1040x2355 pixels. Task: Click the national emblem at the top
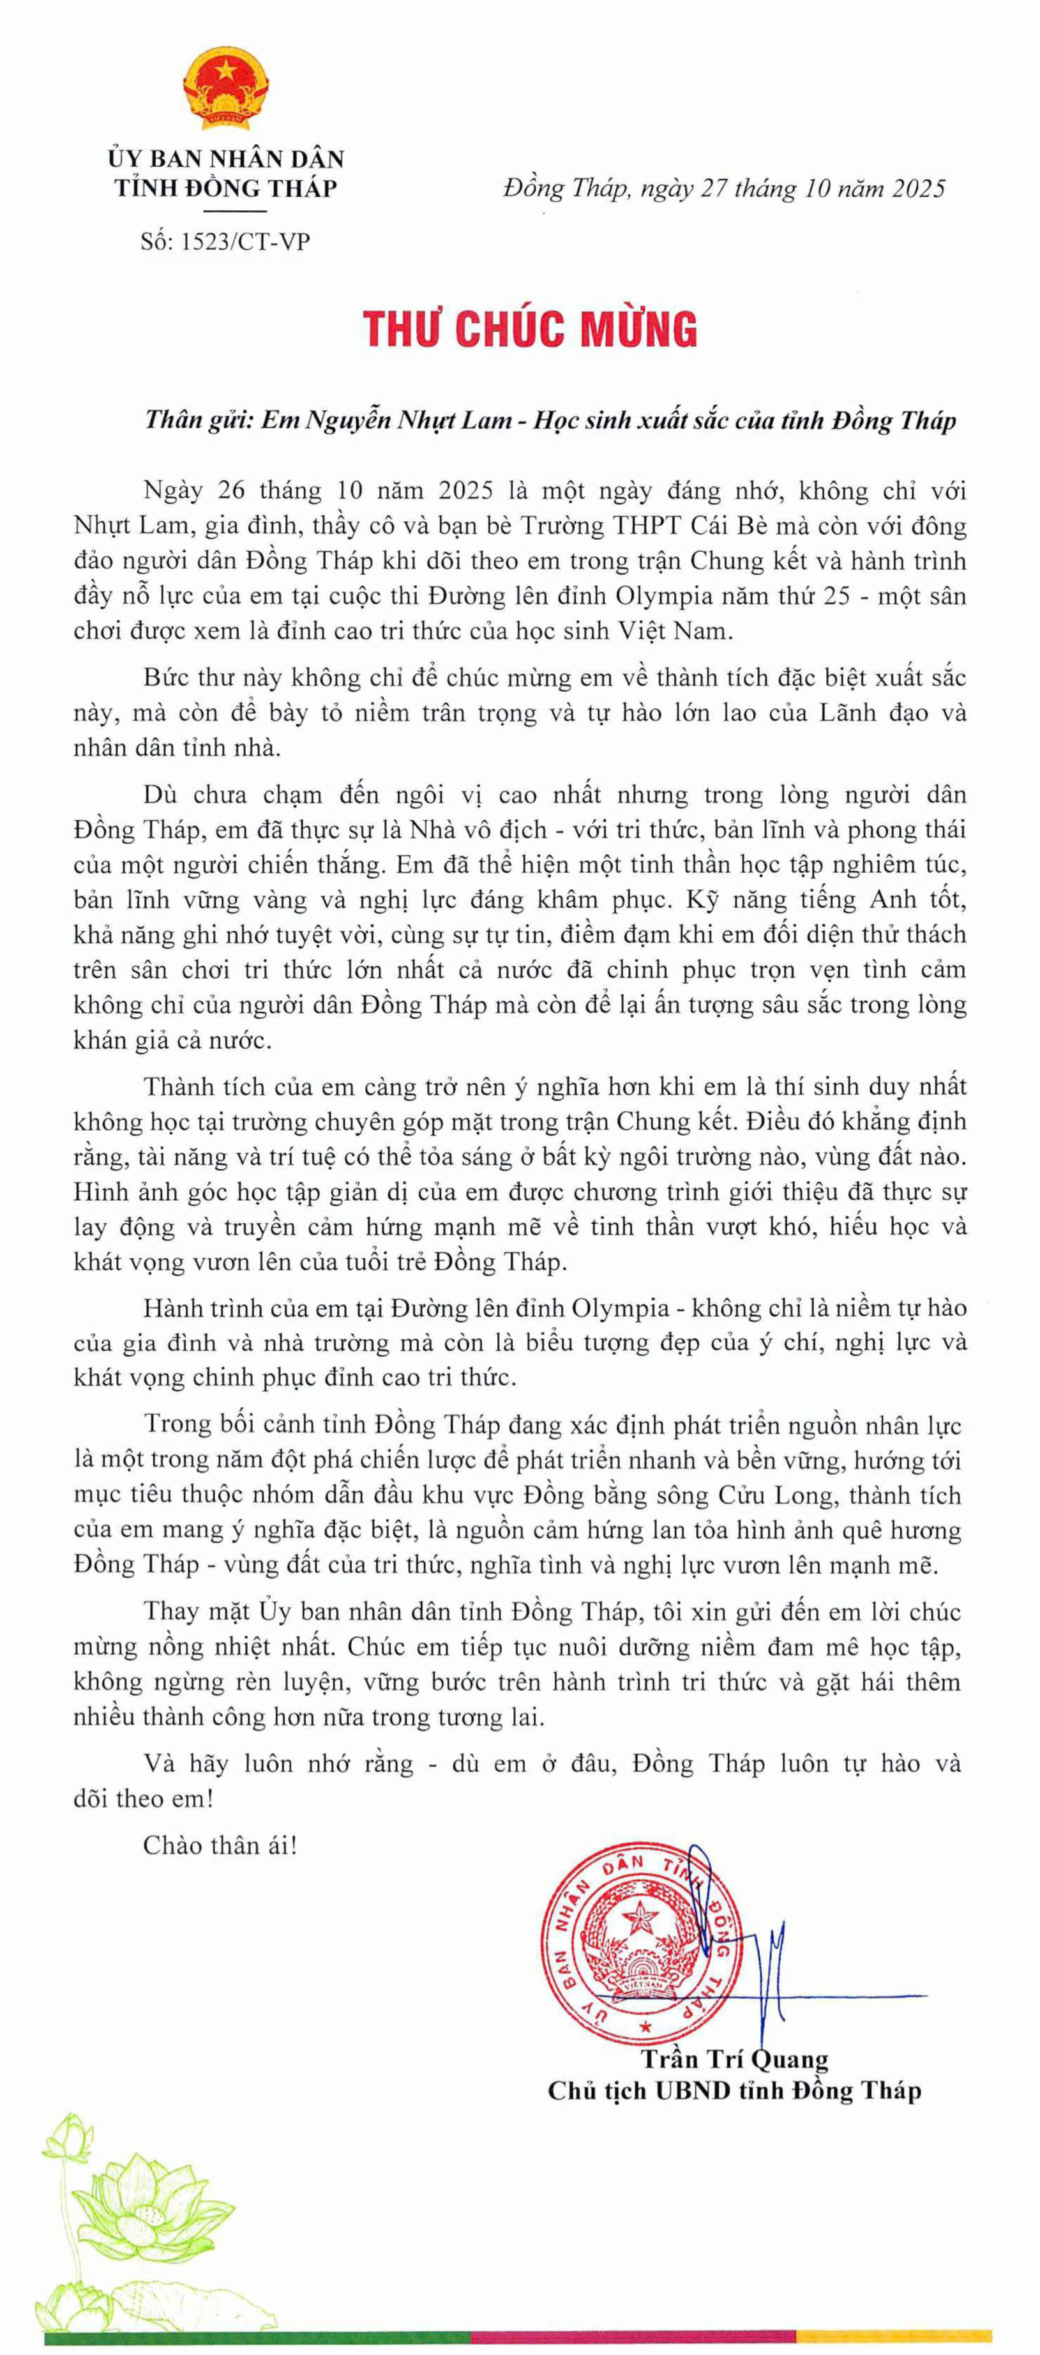click(226, 89)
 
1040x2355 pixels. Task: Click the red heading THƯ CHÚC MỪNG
click(530, 329)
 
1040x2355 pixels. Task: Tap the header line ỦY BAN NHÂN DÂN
click(226, 158)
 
